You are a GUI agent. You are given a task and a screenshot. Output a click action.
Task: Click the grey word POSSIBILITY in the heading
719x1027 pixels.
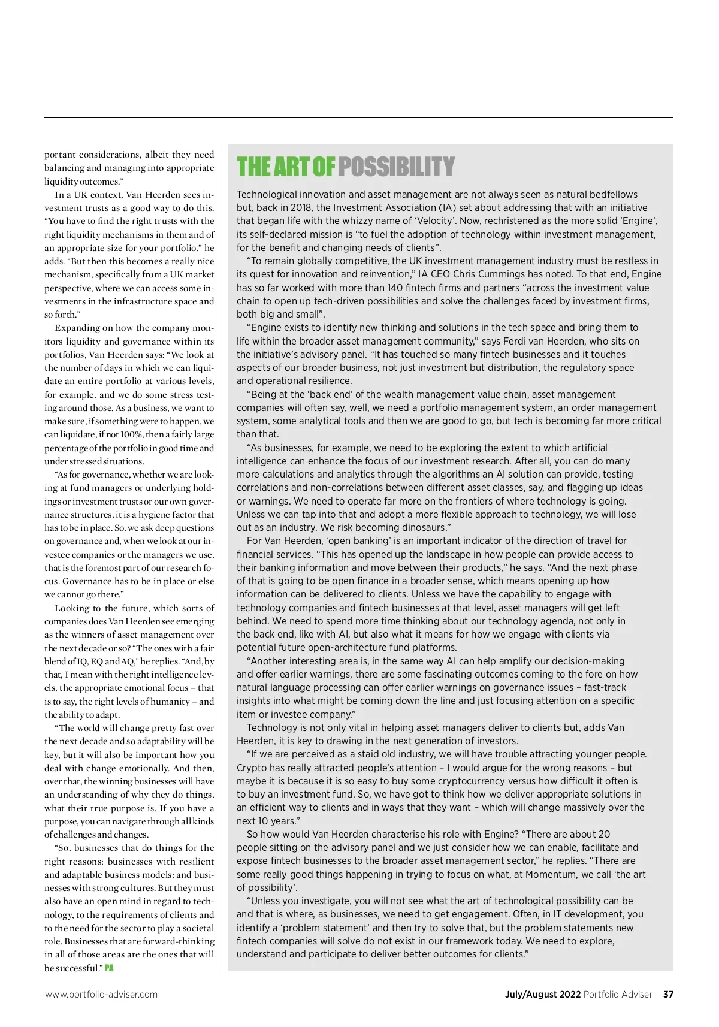pyautogui.click(x=396, y=167)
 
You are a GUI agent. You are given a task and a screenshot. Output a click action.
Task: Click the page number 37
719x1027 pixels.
pyautogui.click(x=668, y=994)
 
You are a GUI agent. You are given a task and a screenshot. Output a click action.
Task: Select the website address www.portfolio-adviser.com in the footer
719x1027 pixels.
pyautogui.click(x=101, y=995)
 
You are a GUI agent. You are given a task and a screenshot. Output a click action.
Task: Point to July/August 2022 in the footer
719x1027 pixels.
pyautogui.click(x=543, y=994)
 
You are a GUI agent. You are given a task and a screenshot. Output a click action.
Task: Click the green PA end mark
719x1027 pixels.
pyautogui.click(x=109, y=968)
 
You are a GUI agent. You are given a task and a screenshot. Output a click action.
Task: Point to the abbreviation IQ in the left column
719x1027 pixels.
pyautogui.click(x=78, y=661)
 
